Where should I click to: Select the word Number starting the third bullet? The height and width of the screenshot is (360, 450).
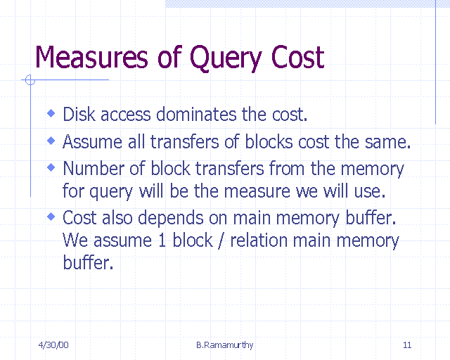[92, 169]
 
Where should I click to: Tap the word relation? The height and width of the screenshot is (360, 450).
[255, 240]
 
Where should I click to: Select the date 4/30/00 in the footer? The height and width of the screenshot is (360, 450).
[53, 345]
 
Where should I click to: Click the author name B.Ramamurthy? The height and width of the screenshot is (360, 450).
[225, 345]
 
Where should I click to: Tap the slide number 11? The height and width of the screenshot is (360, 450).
[407, 345]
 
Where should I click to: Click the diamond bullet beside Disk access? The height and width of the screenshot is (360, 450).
[51, 112]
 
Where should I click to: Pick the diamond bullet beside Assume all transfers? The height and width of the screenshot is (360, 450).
[51, 140]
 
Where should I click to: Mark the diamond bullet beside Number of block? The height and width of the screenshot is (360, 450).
[51, 167]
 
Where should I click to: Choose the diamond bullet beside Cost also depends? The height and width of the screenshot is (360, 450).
[51, 216]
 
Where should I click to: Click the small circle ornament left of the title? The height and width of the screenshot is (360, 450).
[30, 80]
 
